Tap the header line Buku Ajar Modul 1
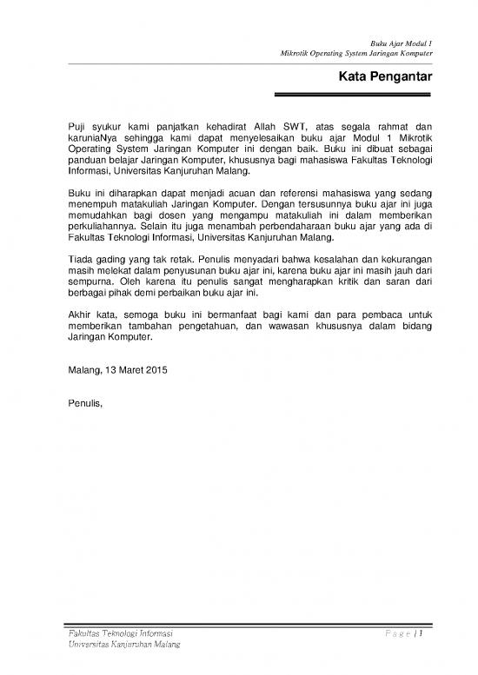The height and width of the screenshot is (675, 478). [402, 42]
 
